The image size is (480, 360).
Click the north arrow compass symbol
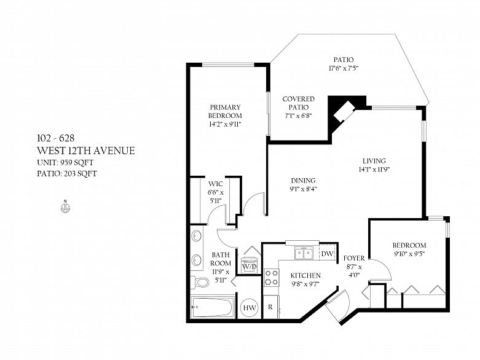65,206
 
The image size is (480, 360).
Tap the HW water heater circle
249,308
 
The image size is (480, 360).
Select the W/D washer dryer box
249,266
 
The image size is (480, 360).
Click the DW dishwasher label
327,254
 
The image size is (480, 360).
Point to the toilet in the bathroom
199,282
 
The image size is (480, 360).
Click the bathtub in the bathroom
212,307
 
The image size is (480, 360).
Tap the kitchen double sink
304,253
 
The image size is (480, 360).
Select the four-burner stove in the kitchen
271,277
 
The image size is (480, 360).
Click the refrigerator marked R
270,307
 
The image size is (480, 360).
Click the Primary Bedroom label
225,111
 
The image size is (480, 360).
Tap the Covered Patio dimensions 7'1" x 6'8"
299,115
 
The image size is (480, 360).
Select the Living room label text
374,161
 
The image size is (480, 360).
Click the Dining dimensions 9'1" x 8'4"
303,189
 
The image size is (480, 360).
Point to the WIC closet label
216,184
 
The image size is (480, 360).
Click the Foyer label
354,258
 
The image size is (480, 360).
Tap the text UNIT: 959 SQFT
65,162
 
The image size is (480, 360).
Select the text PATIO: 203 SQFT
67,174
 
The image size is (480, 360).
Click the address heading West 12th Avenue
86,151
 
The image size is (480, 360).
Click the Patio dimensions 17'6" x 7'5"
344,68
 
